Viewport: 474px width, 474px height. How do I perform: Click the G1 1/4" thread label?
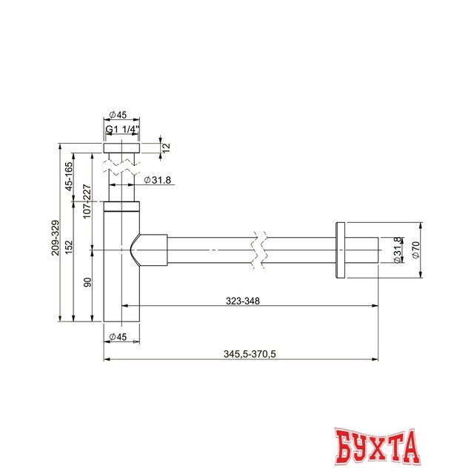[121, 130]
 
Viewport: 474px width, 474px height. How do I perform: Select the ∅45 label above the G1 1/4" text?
[118, 114]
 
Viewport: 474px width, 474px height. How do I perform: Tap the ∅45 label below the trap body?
[118, 337]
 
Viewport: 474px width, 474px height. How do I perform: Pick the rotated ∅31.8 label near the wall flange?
[397, 250]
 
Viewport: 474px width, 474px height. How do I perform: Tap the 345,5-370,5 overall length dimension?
[250, 354]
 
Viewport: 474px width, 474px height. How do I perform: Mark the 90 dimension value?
[87, 282]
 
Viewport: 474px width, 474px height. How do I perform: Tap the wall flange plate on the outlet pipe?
[340, 250]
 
